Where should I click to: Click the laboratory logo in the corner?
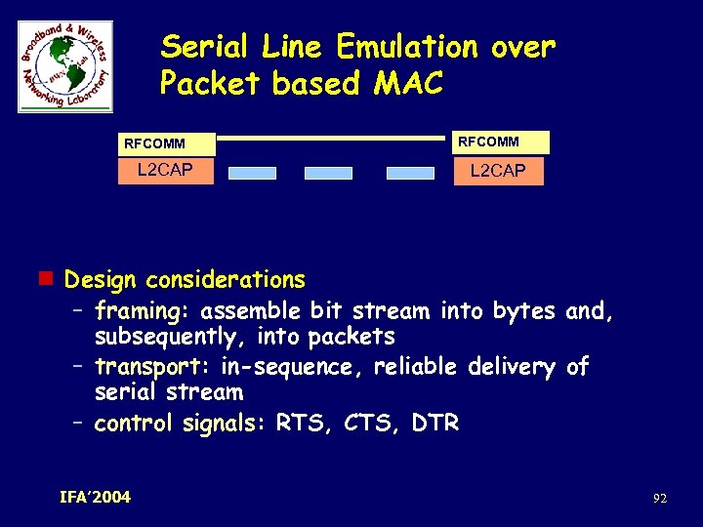click(x=65, y=66)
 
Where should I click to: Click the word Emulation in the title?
click(x=408, y=47)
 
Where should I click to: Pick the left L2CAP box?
click(x=164, y=172)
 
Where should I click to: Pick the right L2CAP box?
click(x=498, y=172)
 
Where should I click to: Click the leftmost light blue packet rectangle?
click(x=253, y=173)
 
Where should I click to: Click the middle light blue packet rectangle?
click(x=328, y=173)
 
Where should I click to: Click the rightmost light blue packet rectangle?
click(x=410, y=173)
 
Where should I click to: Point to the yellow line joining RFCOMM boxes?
click(x=330, y=139)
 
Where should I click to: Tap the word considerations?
click(x=226, y=280)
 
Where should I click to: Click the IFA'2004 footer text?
click(x=95, y=497)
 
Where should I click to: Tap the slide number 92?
click(x=660, y=499)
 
